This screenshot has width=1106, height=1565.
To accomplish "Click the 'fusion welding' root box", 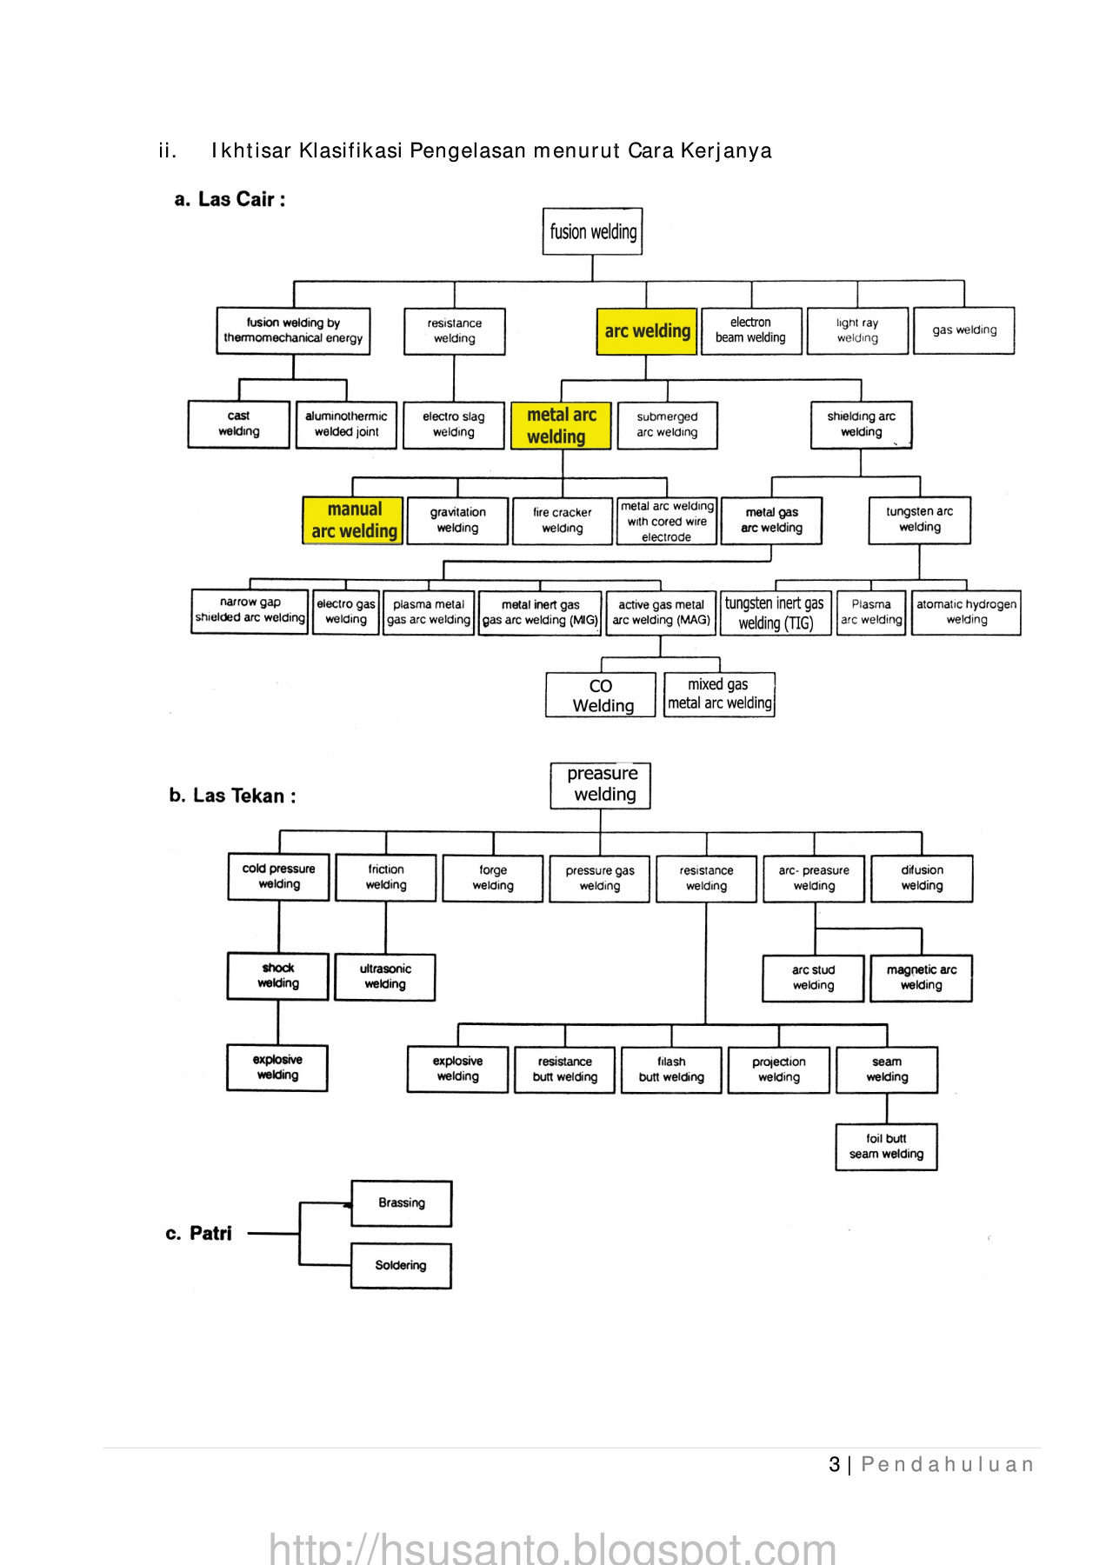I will (x=592, y=231).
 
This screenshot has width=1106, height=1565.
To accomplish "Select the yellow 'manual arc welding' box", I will (x=353, y=520).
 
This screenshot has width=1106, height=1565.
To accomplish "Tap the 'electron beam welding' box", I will (x=750, y=330).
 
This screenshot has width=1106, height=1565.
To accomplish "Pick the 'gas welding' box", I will (x=964, y=330).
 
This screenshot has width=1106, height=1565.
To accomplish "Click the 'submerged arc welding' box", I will (x=667, y=424).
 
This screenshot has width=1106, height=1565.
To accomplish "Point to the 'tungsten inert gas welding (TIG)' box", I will (x=775, y=613).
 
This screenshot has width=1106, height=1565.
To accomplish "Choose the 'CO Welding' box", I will (x=601, y=695).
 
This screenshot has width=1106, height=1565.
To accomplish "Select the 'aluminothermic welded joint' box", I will (x=346, y=424).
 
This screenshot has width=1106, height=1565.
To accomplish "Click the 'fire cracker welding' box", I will (x=562, y=520).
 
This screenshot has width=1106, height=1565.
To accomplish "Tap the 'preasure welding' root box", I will (x=601, y=784).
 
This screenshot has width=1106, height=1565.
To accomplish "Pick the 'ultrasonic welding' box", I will (x=385, y=976).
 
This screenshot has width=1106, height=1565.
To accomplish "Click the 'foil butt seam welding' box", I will (x=886, y=1147).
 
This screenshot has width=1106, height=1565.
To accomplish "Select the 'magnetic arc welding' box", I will (x=921, y=977).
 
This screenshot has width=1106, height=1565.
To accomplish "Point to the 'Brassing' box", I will (x=401, y=1203).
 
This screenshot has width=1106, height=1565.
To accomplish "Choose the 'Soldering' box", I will (x=401, y=1265).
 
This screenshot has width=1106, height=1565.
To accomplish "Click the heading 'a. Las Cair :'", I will (x=230, y=199).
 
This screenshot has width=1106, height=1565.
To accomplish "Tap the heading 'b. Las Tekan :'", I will (x=232, y=796).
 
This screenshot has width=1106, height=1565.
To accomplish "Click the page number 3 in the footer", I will (x=834, y=1465).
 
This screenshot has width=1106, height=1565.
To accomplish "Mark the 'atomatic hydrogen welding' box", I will (x=966, y=612).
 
